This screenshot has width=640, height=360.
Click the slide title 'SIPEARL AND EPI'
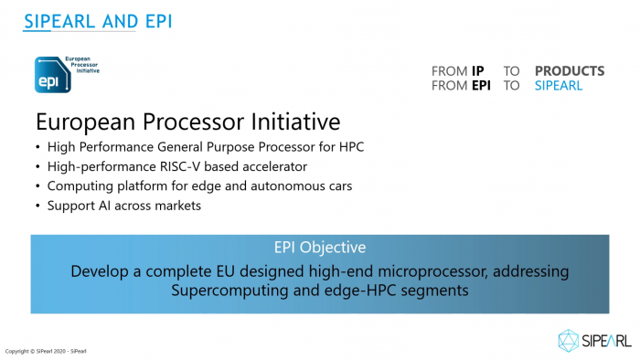(x=97, y=20)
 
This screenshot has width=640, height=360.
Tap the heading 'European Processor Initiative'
(x=187, y=122)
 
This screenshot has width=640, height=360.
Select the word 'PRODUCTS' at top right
(x=569, y=70)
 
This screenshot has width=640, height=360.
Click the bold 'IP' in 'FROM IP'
(x=477, y=70)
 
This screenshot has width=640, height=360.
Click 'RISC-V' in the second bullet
(x=171, y=166)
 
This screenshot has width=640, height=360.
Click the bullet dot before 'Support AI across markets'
(x=37, y=206)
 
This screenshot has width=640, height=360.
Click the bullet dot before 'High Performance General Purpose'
(x=37, y=147)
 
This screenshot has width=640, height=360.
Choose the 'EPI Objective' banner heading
(x=319, y=248)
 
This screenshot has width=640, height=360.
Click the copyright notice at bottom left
(x=46, y=351)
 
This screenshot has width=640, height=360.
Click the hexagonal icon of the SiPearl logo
(x=569, y=340)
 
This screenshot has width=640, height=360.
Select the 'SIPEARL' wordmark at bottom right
(x=606, y=341)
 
